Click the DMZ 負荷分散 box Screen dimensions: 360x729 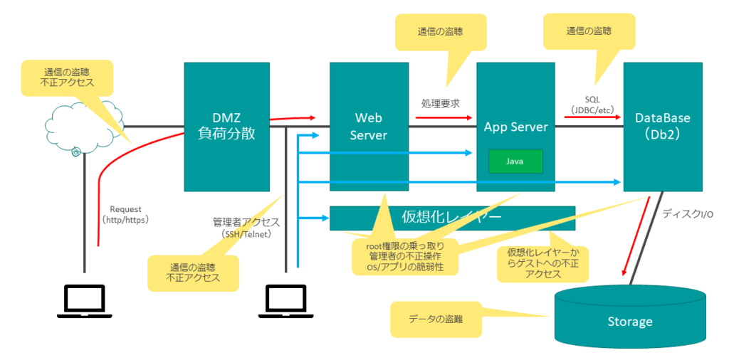pyautogui.click(x=226, y=127)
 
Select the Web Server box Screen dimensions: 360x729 pyautogui.click(x=368, y=127)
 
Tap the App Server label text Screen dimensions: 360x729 pyautogui.click(x=515, y=127)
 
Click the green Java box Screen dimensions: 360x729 pyautogui.click(x=515, y=162)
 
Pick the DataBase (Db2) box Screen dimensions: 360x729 pyautogui.click(x=662, y=127)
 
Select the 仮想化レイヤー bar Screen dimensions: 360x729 pyautogui.click(x=452, y=218)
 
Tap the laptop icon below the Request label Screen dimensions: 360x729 pyautogui.click(x=84, y=300)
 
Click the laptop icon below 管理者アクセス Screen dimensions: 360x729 pyautogui.click(x=285, y=300)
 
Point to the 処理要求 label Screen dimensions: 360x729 pyautogui.click(x=440, y=103)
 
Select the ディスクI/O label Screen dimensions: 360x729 pyautogui.click(x=688, y=213)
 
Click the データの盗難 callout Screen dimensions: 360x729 pyautogui.click(x=436, y=319)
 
